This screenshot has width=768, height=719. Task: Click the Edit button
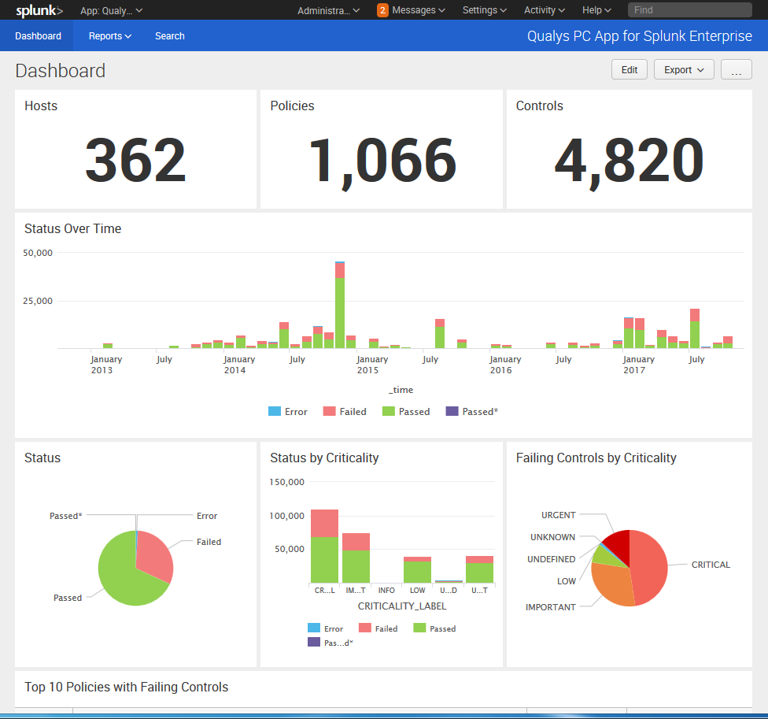coord(629,69)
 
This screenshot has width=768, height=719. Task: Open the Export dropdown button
coord(683,69)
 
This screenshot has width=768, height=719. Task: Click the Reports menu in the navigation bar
coord(109,36)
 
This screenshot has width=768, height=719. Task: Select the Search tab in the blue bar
coord(169,36)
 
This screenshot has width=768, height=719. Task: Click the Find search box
coord(692,10)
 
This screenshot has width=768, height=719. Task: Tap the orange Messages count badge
coord(382,10)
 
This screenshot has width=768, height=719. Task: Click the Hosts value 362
coord(135,161)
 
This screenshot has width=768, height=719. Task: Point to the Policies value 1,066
coord(382,161)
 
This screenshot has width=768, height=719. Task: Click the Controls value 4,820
coord(628,161)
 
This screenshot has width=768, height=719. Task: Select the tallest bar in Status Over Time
coord(340,307)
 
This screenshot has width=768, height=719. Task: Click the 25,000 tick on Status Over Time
coord(36,301)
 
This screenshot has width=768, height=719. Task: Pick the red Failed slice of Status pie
coord(156,558)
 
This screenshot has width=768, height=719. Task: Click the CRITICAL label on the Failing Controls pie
coord(711,565)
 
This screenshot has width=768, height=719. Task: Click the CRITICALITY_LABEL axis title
coord(401,606)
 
